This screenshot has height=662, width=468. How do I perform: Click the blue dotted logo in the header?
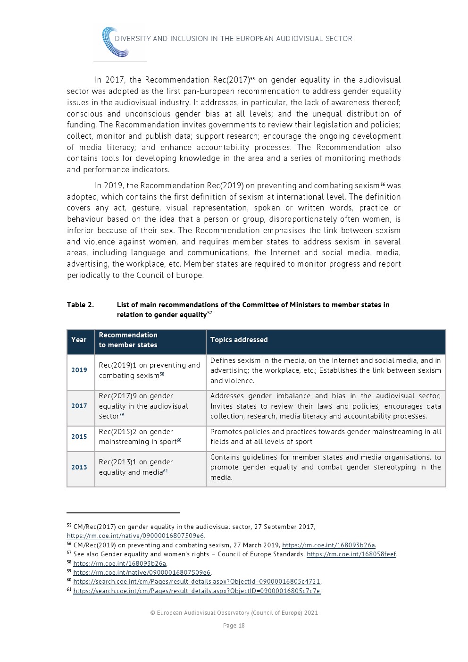[116, 42]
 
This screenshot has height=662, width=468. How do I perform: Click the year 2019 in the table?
[79, 370]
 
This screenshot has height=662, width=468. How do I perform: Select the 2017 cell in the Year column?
[79, 406]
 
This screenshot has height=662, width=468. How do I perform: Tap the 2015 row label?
[79, 437]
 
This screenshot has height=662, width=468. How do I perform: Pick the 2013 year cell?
[79, 468]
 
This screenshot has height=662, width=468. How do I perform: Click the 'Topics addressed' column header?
[239, 340]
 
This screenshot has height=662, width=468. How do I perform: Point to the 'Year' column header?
[79, 340]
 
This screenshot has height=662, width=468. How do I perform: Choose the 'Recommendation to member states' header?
[128, 340]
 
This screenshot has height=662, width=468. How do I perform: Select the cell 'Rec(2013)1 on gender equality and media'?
[135, 467]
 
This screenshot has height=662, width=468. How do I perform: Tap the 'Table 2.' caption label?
[80, 305]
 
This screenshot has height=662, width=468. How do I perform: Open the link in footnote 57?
[351, 554]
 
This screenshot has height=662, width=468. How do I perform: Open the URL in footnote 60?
[197, 582]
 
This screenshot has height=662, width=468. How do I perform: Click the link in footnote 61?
[197, 591]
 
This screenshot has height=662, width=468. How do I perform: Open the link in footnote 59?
[142, 572]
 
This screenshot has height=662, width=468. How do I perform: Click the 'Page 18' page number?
[234, 626]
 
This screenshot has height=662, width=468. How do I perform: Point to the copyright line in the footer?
[234, 613]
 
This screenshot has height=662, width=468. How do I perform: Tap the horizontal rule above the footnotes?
[124, 512]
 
